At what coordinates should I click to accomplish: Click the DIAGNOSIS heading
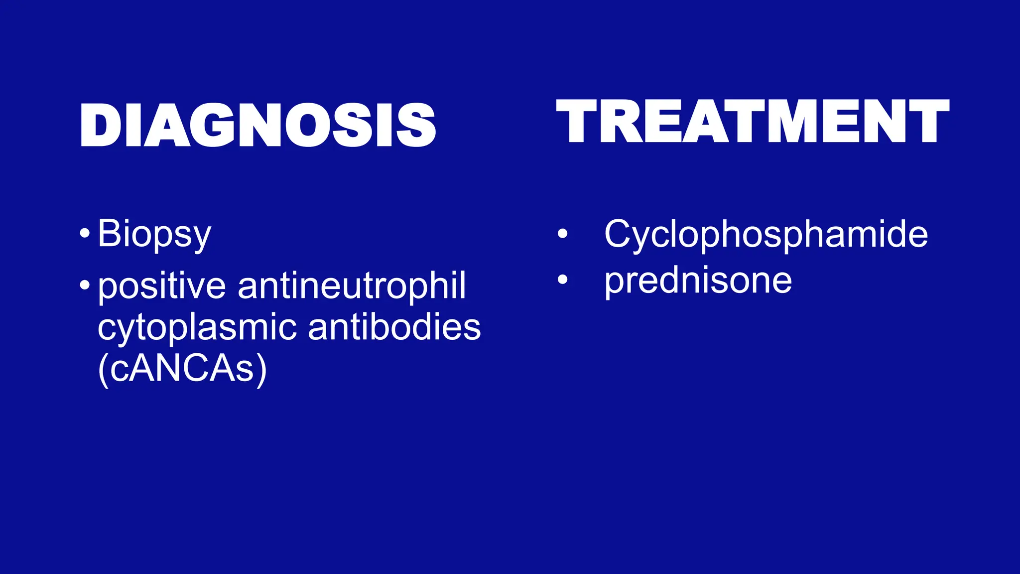258,125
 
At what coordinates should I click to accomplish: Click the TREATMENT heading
753,122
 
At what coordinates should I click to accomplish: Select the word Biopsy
154,234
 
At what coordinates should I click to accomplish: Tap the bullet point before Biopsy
85,233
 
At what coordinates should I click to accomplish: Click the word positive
162,287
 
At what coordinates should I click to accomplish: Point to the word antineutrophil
352,287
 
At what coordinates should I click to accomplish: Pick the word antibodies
394,327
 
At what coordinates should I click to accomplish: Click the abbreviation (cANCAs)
182,369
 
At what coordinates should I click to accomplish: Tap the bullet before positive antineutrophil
85,286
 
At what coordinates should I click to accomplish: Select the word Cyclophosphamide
766,234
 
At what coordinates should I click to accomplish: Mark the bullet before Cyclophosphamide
562,233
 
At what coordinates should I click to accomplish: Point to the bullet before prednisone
562,280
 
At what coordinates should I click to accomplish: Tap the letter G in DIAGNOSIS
216,125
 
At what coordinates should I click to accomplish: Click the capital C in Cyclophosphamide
618,233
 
